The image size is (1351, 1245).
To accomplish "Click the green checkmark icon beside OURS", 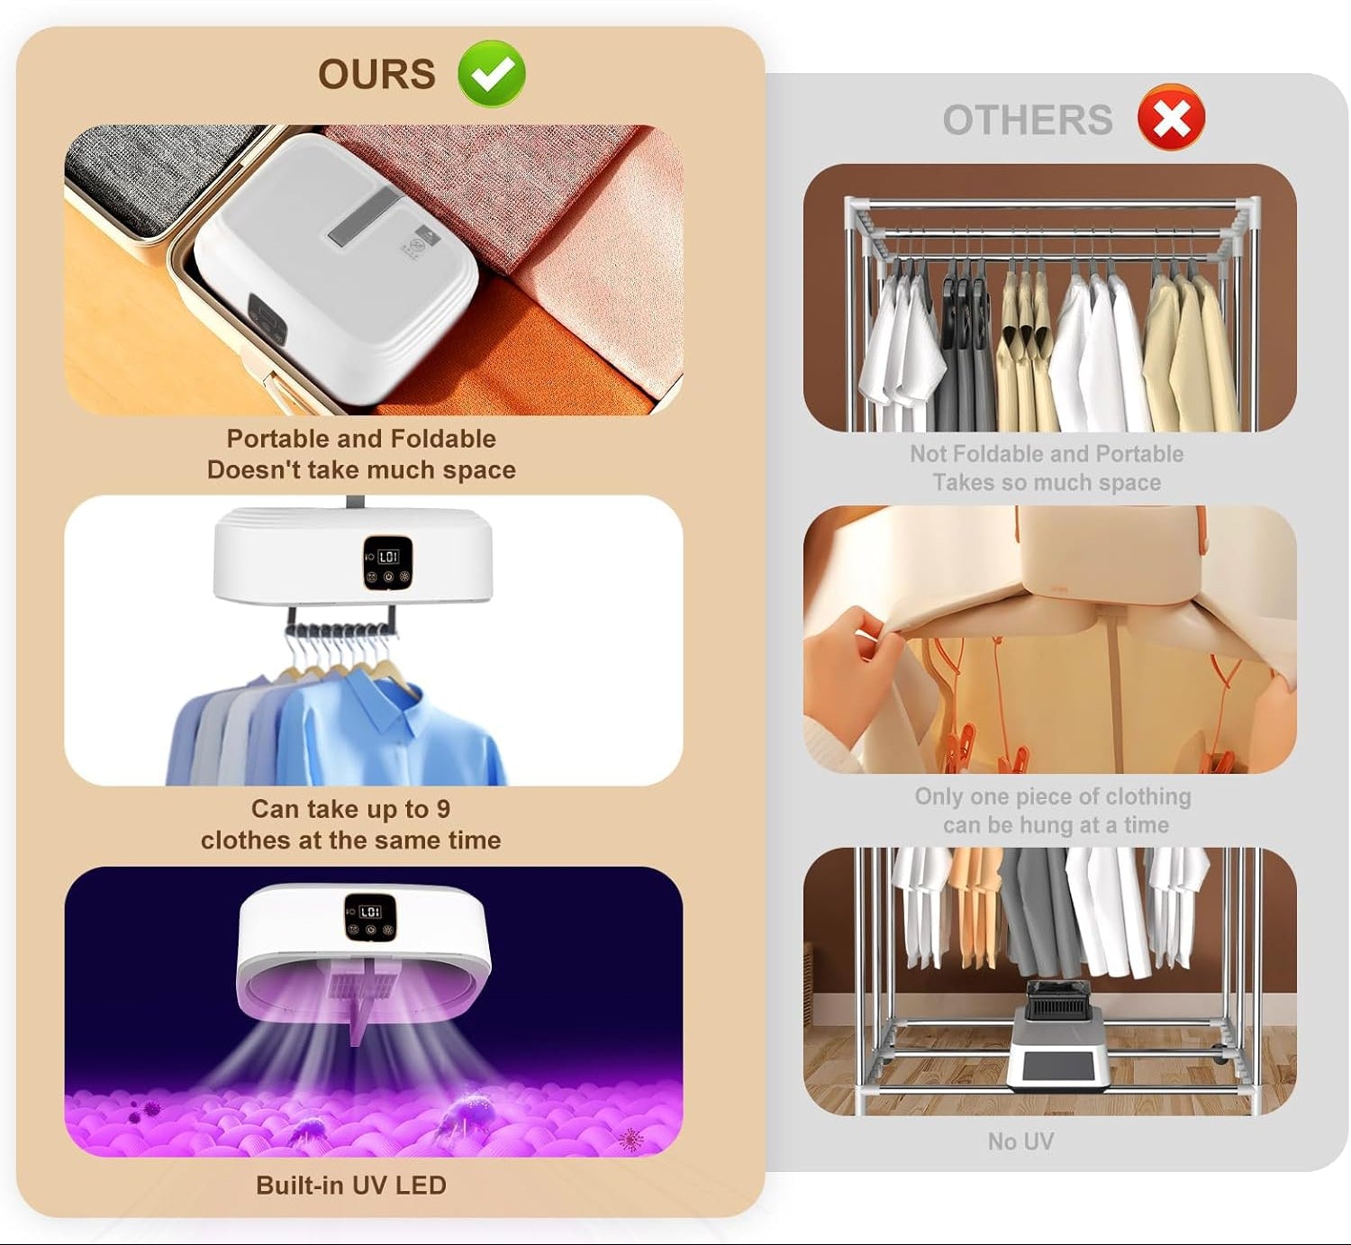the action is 492,74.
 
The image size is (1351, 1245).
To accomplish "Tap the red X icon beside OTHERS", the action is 1171,117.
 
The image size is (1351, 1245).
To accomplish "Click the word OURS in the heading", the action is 376,74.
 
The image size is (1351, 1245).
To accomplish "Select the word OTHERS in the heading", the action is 1027,120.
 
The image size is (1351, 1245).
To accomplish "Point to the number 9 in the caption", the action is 442,808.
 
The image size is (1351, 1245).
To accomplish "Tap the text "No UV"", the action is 1020,1141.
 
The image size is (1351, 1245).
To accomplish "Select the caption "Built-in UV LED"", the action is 351,1185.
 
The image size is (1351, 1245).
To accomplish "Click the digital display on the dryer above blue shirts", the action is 388,557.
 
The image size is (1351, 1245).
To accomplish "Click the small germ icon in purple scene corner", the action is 630,1140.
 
